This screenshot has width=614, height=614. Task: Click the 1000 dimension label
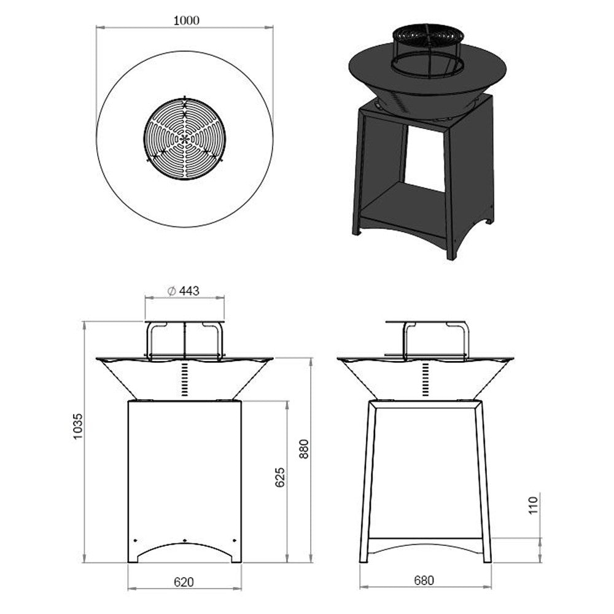pyautogui.click(x=186, y=20)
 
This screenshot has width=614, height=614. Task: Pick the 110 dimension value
pyautogui.click(x=533, y=505)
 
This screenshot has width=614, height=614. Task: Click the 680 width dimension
pyautogui.click(x=424, y=580)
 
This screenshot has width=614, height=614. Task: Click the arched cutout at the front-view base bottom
pyautogui.click(x=184, y=551)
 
